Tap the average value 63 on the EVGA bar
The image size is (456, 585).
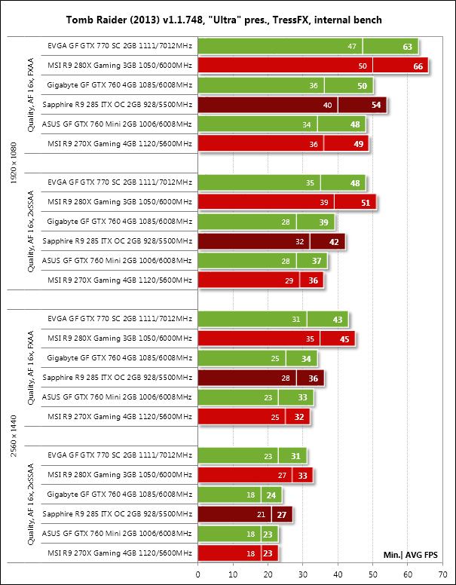[x=408, y=47]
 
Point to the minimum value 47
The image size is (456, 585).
[x=352, y=47]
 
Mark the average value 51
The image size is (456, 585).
[x=366, y=202]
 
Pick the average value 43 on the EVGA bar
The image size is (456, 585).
[x=338, y=319]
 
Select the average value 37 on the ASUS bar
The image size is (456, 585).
[x=317, y=261]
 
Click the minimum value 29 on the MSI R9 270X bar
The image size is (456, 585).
[x=289, y=280]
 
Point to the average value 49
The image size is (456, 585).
[x=358, y=144]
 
